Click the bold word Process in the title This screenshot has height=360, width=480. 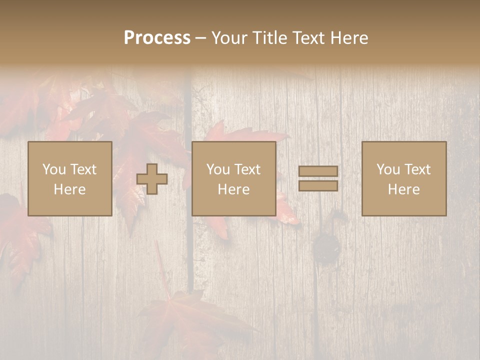click(157, 38)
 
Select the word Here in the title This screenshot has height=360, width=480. click(347, 38)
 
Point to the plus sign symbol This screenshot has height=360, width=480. click(152, 179)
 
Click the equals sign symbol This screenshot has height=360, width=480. click(318, 178)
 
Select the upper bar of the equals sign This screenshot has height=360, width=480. click(318, 171)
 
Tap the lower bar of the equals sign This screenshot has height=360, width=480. click(318, 185)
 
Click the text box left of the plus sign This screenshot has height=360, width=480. click(69, 178)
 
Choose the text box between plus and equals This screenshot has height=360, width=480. click(233, 178)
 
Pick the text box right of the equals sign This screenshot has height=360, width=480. click(403, 178)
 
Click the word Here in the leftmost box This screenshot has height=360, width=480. click(69, 189)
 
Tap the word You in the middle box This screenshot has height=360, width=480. click(218, 169)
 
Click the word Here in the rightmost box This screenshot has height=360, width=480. click(403, 189)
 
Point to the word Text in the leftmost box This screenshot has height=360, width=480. click(83, 169)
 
